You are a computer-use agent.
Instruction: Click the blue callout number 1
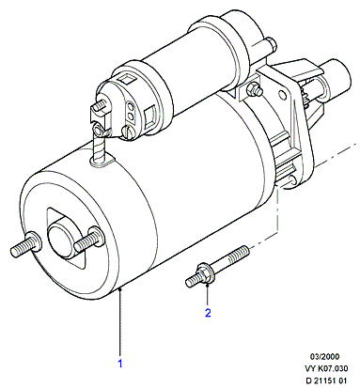coord(120,364)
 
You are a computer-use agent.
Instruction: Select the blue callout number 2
coord(208,313)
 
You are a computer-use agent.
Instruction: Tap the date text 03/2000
coord(324,356)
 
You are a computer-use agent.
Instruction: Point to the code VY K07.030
coord(326,368)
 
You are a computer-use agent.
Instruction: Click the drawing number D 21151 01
coord(326,380)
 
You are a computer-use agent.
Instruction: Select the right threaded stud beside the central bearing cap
coord(89,240)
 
